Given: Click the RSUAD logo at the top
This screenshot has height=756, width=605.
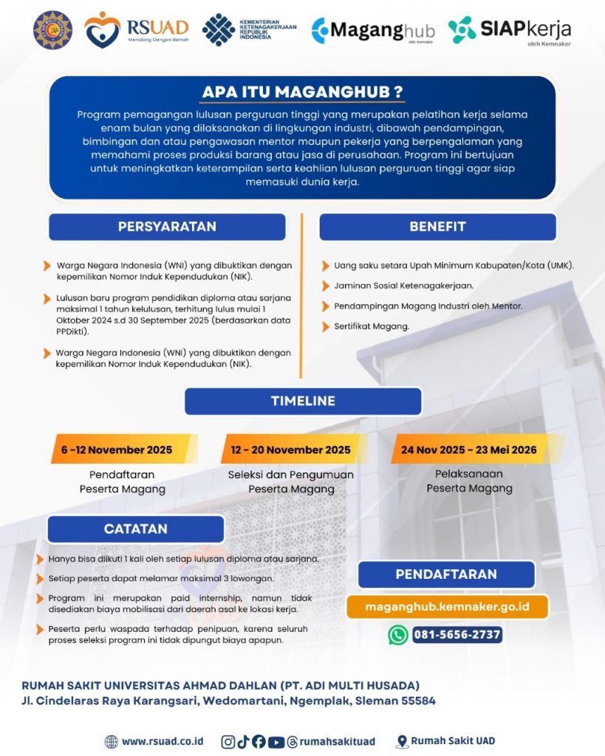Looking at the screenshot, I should [136, 30].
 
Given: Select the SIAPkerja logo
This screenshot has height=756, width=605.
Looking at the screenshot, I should [509, 30].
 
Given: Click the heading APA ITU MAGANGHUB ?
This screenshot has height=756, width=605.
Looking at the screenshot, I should [303, 92].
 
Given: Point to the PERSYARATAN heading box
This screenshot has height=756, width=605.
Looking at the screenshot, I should [167, 227].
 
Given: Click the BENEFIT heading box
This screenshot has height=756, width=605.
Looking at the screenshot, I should [437, 227].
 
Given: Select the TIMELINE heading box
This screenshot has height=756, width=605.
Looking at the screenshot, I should [303, 401].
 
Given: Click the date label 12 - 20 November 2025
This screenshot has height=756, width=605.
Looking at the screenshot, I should [290, 450].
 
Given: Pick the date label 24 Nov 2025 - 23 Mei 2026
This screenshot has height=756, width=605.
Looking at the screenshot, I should [468, 449].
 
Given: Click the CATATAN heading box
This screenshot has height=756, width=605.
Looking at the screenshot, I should [135, 529].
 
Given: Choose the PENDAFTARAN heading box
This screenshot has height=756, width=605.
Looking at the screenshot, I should [446, 574].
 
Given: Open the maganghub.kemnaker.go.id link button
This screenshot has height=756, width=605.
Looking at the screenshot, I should [447, 606].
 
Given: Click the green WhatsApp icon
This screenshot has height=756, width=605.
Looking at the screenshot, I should [398, 635].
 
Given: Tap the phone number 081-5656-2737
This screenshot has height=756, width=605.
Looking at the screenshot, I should [457, 635].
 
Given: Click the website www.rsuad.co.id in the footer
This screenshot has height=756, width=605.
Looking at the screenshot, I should [162, 741].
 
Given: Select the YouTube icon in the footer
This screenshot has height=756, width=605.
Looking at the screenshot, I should [276, 741].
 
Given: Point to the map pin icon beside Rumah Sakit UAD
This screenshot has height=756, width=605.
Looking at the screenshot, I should [402, 741].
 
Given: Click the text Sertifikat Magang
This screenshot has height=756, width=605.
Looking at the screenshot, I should [372, 326].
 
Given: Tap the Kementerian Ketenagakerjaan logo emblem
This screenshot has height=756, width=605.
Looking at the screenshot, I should [219, 30].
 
